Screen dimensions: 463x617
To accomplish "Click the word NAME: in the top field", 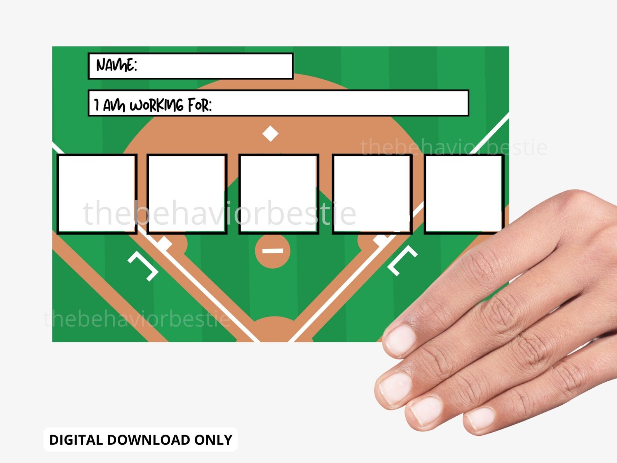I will [x=116, y=65].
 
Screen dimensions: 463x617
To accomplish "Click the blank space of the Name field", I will [x=214, y=66].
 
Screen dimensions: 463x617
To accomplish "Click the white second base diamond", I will [x=270, y=134].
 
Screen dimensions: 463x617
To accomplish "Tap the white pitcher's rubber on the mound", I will [x=273, y=251].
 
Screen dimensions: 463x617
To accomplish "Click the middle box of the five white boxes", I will [x=279, y=194].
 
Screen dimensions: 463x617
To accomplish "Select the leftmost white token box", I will [x=97, y=194].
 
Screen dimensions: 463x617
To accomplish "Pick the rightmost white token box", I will [x=464, y=194].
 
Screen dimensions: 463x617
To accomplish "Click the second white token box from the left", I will [x=187, y=194].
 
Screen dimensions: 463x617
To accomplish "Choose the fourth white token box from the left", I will [x=372, y=194].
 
